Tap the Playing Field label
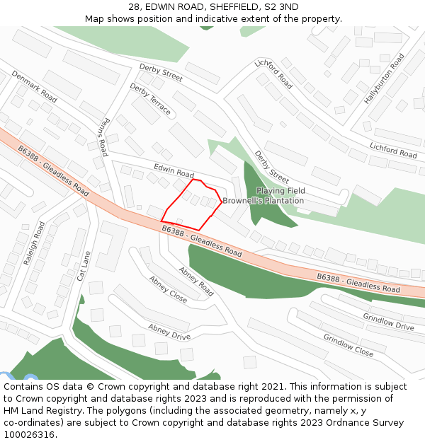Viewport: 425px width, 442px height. click(x=280, y=191)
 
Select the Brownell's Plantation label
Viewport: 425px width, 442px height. click(x=263, y=201)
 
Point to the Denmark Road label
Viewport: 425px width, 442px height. click(x=34, y=86)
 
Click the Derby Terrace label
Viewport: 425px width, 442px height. click(x=150, y=99)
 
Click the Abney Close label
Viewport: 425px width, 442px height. click(x=168, y=289)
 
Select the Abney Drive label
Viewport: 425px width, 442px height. click(x=169, y=332)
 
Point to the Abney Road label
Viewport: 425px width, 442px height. click(x=196, y=281)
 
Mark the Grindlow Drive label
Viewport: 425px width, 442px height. click(x=388, y=321)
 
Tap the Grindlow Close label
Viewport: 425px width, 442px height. click(x=348, y=345)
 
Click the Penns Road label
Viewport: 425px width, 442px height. click(x=103, y=136)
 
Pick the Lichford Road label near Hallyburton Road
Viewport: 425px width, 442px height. click(x=393, y=149)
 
